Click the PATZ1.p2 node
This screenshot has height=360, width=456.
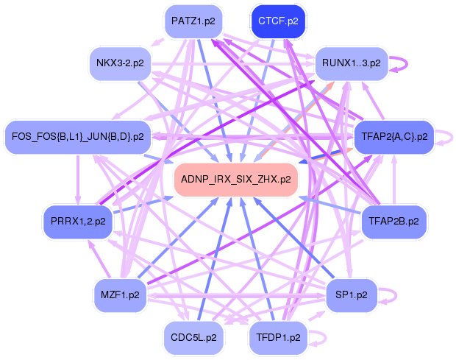click(193, 21)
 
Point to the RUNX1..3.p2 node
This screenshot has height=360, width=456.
click(351, 63)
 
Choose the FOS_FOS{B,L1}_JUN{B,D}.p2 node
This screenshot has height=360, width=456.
click(78, 136)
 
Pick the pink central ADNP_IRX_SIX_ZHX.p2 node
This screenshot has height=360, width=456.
click(235, 179)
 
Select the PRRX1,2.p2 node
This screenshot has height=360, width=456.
click(78, 220)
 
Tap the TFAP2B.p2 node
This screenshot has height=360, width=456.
click(393, 220)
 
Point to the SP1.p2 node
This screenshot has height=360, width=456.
click(351, 294)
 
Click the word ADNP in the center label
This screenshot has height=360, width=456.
click(193, 179)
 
